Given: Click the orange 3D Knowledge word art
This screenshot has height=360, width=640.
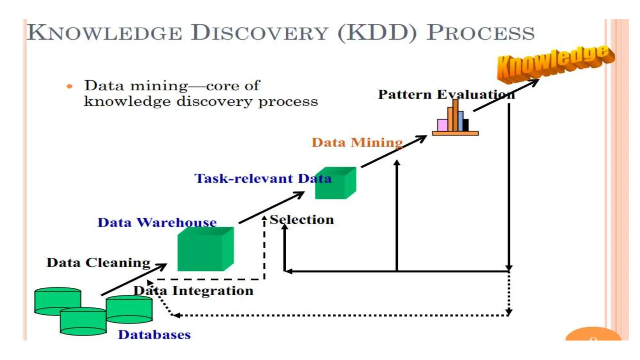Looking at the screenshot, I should (555, 62).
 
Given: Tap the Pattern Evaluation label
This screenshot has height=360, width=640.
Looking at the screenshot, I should (446, 94).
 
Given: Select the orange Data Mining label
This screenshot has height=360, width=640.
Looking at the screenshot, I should (357, 142).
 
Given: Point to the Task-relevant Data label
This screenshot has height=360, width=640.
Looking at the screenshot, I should (262, 178).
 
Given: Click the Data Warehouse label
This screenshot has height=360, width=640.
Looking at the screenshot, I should (157, 222).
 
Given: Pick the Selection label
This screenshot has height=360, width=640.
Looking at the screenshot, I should (302, 219).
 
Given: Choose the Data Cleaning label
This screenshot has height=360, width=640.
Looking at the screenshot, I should (98, 262).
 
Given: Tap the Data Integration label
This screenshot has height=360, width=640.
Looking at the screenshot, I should (193, 291).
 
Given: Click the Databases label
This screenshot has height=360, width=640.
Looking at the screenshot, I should (154, 335).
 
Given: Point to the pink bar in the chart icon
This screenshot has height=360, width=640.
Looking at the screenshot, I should (442, 125).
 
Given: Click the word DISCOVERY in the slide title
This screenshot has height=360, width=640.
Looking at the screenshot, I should (259, 33).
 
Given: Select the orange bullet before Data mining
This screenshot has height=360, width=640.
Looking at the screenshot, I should (69, 86).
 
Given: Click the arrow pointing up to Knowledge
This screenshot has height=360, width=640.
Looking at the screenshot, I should (506, 95).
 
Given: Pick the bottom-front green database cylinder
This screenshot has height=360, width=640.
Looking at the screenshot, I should (83, 322).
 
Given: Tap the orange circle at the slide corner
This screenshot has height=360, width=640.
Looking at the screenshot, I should (593, 335).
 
